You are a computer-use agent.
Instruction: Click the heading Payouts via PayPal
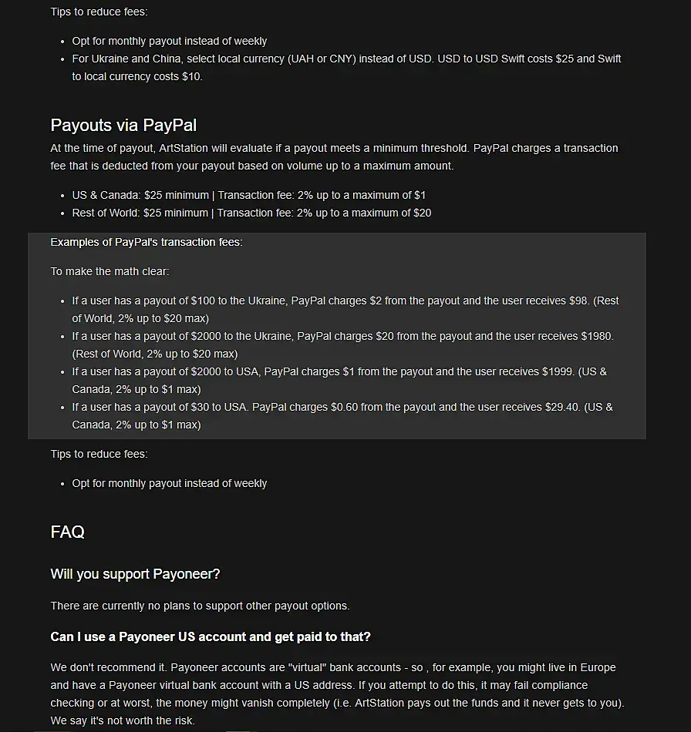tap(124, 125)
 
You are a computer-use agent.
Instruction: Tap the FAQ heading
tap(67, 532)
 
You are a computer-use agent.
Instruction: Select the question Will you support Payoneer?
tap(135, 574)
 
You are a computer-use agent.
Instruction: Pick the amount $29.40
tap(560, 407)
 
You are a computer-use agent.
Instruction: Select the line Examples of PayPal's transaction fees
tap(147, 242)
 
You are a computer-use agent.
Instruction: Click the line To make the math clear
tap(110, 271)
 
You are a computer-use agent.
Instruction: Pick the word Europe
tap(598, 667)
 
